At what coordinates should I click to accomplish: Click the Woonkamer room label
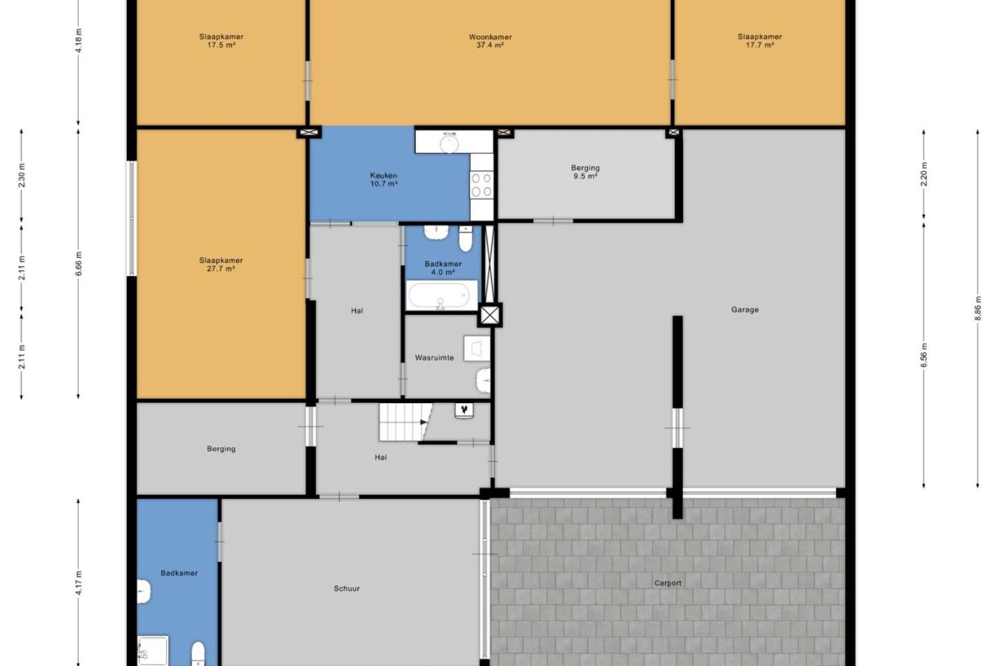pos(490,37)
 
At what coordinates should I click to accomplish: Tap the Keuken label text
pos(383,175)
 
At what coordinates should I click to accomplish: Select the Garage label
pos(744,310)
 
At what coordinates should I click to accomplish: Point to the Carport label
pos(667,583)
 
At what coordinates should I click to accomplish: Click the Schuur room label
pos(346,588)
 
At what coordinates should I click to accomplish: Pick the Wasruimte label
pos(434,358)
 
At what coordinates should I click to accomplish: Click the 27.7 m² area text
pos(221,269)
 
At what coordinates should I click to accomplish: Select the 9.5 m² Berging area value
pos(585,176)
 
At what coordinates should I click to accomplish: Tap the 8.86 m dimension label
pos(978,308)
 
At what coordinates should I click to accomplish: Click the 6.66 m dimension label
pos(79,264)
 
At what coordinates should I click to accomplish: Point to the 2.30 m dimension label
pos(21,175)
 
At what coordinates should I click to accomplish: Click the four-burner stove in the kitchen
pos(481,184)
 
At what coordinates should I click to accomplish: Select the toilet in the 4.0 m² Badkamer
pos(465,238)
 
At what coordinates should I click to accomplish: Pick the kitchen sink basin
pos(449,143)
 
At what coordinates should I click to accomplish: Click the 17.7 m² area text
pos(760,45)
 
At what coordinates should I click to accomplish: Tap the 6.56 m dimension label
pos(924,355)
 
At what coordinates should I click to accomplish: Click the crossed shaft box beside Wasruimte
pos(490,315)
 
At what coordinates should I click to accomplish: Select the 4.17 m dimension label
pos(79,582)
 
